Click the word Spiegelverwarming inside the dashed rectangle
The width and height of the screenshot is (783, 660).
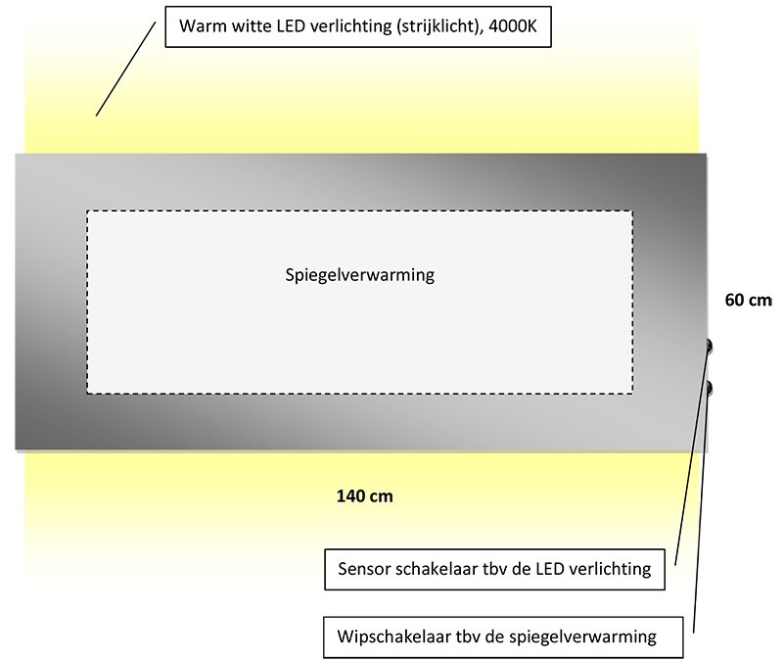pyautogui.click(x=359, y=275)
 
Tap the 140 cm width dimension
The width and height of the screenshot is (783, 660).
pyautogui.click(x=364, y=496)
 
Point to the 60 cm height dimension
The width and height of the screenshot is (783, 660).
pyautogui.click(x=748, y=300)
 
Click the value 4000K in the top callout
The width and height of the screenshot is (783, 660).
pyautogui.click(x=512, y=26)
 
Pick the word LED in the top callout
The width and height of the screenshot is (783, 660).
pyautogui.click(x=291, y=26)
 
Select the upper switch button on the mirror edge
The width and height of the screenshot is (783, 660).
pyautogui.click(x=708, y=346)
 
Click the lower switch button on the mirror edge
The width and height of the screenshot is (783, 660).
pyautogui.click(x=708, y=388)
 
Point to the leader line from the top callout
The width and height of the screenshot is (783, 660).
pyautogui.click(x=126, y=69)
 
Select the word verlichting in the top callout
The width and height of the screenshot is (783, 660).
pyautogui.click(x=351, y=26)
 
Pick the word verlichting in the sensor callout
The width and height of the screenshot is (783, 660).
pyautogui.click(x=610, y=569)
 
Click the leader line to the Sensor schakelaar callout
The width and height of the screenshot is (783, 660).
pyautogui.click(x=692, y=455)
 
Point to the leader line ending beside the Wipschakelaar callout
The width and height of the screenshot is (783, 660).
pyautogui.click(x=701, y=510)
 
